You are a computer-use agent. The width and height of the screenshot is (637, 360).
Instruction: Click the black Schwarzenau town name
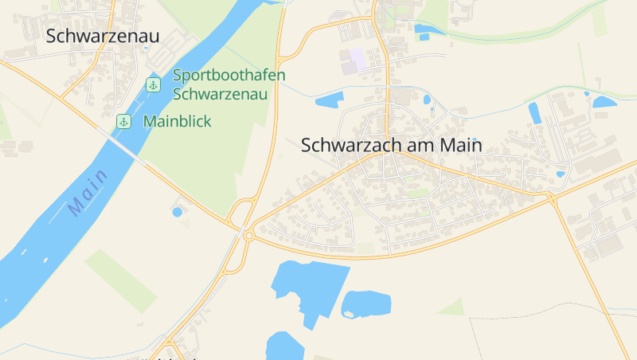tap(103, 36)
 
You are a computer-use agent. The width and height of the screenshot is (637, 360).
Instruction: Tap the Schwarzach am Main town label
tap(392, 146)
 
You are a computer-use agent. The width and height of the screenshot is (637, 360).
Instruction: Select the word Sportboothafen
tap(229, 76)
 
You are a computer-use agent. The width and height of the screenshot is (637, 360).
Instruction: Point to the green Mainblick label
tap(178, 122)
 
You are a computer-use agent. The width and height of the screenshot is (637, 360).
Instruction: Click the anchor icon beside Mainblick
tap(123, 122)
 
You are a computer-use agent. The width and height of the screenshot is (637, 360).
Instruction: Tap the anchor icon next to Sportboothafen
tap(153, 84)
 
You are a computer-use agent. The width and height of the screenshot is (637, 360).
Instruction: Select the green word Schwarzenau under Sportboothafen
tap(220, 94)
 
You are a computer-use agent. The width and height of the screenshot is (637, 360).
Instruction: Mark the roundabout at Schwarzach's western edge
tap(248, 235)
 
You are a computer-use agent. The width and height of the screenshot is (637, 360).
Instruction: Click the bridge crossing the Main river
tap(128, 151)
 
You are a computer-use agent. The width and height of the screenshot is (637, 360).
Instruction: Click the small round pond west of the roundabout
tap(177, 212)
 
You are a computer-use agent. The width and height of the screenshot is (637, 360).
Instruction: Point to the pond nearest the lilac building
tap(329, 100)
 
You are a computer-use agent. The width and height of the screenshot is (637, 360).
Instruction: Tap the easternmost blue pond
tap(604, 102)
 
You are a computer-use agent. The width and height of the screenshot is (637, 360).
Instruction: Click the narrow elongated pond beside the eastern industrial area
tap(535, 112)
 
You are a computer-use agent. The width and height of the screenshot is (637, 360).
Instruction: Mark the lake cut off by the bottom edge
tap(283, 347)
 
